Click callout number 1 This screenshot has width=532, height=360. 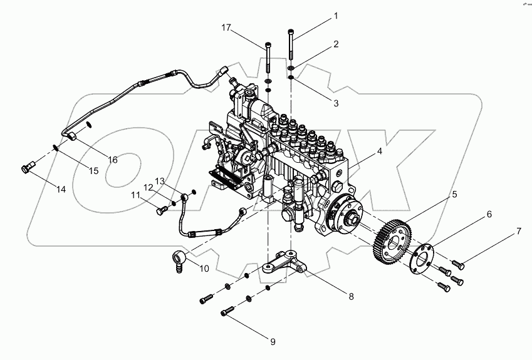335,16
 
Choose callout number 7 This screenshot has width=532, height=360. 518,231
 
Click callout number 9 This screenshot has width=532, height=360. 273,341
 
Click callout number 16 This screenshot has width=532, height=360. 112,160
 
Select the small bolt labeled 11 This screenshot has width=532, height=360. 160,211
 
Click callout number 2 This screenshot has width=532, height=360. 336,44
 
